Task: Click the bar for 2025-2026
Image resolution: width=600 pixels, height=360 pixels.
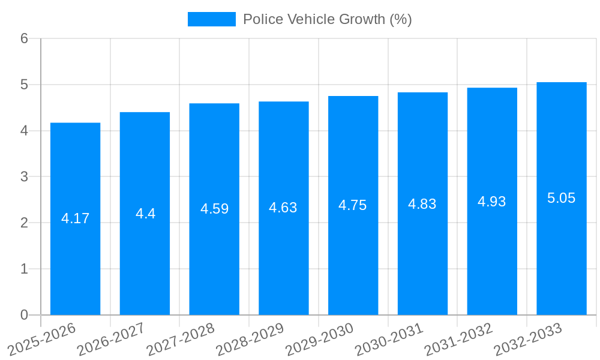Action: pyautogui.click(x=75, y=219)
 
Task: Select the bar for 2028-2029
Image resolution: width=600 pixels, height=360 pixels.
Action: pyautogui.click(x=284, y=208)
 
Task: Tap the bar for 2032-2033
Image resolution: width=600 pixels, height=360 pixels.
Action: pyautogui.click(x=562, y=199)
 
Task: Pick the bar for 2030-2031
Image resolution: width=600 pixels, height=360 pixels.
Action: pyautogui.click(x=422, y=204)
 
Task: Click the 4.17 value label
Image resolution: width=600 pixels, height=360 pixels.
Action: pyautogui.click(x=75, y=218)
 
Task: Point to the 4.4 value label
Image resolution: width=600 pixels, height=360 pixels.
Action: pyautogui.click(x=145, y=214)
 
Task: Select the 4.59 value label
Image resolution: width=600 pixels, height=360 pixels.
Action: pyautogui.click(x=214, y=209)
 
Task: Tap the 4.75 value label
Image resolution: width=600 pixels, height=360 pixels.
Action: pyautogui.click(x=353, y=205)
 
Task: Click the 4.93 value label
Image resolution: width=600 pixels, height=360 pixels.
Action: pyautogui.click(x=492, y=202)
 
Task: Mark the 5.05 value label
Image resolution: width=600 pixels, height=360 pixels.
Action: pyautogui.click(x=562, y=198)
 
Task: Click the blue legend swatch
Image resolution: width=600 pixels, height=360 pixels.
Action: pyautogui.click(x=211, y=19)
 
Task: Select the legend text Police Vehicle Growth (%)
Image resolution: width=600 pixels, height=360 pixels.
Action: pyautogui.click(x=327, y=19)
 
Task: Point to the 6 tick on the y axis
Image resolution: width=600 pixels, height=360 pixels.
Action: pyautogui.click(x=24, y=38)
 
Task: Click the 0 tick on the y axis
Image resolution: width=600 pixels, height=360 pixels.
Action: pyautogui.click(x=24, y=315)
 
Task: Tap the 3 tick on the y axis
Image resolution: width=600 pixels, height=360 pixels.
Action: pyautogui.click(x=24, y=177)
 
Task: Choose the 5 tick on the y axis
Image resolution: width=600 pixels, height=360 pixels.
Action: pyautogui.click(x=24, y=85)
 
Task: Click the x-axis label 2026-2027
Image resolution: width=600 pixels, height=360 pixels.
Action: pyautogui.click(x=112, y=340)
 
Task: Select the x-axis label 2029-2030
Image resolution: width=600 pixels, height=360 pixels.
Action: pyautogui.click(x=320, y=340)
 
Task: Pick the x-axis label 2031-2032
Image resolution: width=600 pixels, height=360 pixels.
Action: pyautogui.click(x=459, y=340)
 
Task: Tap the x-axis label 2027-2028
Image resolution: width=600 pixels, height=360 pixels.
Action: pyautogui.click(x=181, y=340)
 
